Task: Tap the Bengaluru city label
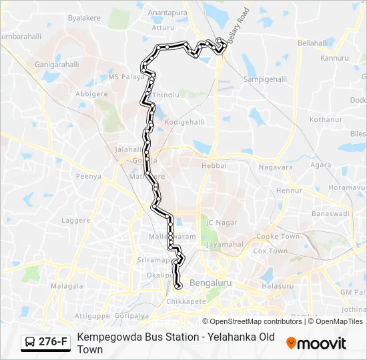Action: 210,283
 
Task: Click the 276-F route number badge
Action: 53,342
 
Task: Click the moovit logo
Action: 316,343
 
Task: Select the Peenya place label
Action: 88,177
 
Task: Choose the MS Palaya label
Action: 126,77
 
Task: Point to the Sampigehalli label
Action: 266,79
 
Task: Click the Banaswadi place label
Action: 330,214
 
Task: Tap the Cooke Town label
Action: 278,237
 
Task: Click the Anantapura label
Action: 168,12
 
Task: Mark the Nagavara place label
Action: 276,167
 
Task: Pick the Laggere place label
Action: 75,219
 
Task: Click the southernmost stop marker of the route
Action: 177,286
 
